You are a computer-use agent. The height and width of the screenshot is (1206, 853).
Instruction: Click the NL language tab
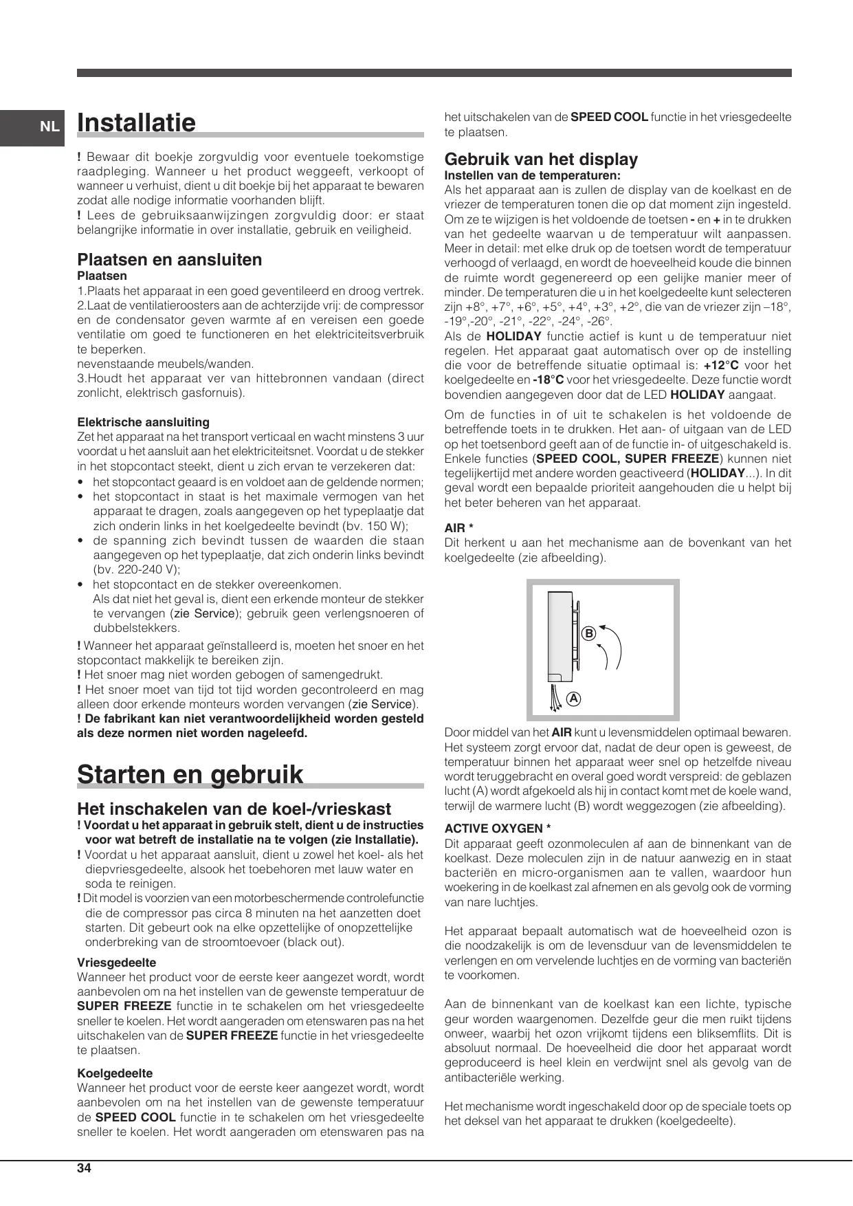click(x=49, y=127)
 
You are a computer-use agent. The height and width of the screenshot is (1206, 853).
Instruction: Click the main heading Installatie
click(x=137, y=123)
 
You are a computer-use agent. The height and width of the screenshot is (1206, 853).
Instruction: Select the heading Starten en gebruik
click(x=190, y=774)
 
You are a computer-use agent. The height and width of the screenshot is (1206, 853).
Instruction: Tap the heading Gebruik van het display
click(x=541, y=159)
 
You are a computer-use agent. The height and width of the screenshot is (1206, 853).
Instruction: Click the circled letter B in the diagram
click(x=588, y=633)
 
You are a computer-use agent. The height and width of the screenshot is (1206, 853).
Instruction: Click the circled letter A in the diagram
click(x=573, y=699)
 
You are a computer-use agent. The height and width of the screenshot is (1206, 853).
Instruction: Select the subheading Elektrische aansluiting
click(x=143, y=422)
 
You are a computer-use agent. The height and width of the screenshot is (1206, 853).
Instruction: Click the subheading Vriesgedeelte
click(x=116, y=963)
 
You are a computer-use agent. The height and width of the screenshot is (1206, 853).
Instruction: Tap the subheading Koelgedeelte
click(x=115, y=1073)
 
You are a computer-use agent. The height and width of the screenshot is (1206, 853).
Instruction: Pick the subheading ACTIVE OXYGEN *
click(x=498, y=829)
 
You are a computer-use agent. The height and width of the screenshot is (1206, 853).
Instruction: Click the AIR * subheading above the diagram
click(x=459, y=528)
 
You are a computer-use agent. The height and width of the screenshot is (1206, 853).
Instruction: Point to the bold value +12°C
click(x=721, y=366)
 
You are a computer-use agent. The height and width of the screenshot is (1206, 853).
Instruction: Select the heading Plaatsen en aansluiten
click(x=170, y=260)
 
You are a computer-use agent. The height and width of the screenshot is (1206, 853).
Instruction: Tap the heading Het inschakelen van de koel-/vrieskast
click(x=234, y=809)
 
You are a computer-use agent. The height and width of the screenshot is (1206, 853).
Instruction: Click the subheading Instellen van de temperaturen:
click(x=532, y=175)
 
